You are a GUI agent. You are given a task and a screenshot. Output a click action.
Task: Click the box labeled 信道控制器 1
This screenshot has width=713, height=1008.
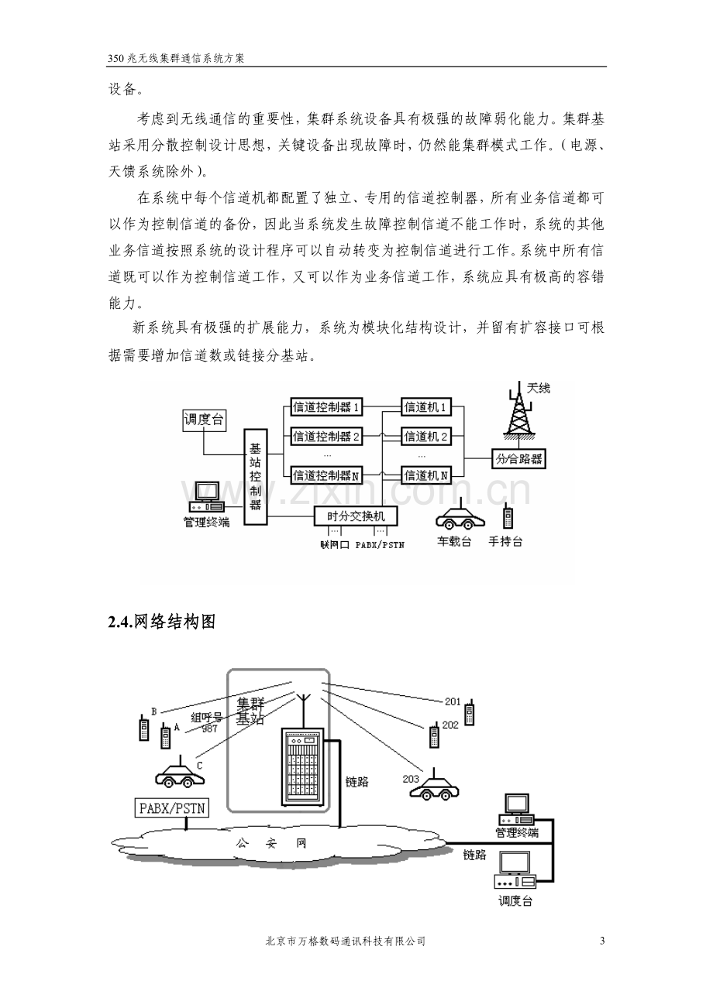[326, 407]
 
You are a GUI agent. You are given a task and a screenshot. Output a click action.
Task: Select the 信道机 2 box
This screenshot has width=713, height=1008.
[425, 436]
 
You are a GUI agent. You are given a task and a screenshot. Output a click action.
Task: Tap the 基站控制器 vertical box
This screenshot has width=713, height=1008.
[256, 477]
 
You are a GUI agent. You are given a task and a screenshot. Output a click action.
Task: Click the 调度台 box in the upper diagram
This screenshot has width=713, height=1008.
[204, 420]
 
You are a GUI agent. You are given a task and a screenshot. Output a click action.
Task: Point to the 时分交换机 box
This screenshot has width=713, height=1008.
[356, 516]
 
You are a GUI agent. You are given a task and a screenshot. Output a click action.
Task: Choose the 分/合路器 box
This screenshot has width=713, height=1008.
[518, 459]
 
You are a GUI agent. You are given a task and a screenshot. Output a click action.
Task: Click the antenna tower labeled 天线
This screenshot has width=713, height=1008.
[519, 411]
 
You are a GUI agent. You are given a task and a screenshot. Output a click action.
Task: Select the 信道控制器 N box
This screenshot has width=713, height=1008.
[326, 475]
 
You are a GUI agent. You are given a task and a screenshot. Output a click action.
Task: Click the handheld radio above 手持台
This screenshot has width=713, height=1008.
[508, 516]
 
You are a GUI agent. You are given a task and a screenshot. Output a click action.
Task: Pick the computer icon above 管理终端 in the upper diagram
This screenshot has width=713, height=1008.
[207, 498]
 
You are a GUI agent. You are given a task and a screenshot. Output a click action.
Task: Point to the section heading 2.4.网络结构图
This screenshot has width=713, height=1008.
[162, 622]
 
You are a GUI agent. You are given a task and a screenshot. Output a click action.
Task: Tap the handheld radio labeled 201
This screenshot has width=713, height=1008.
[469, 712]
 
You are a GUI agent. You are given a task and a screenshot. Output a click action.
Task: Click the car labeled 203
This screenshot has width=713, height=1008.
[434, 784]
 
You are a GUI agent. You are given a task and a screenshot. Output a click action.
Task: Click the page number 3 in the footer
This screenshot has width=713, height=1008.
[603, 941]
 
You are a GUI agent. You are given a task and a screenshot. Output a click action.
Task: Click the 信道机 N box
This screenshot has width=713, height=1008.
[425, 475]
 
